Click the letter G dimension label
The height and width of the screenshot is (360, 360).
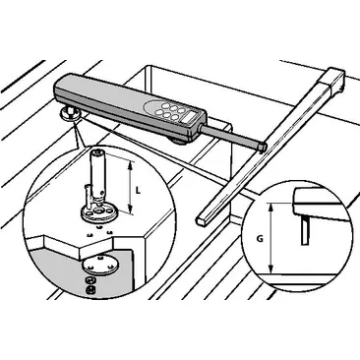259,237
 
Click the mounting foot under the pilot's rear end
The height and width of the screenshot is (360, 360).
71,115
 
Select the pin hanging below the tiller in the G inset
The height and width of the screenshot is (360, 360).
305,232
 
